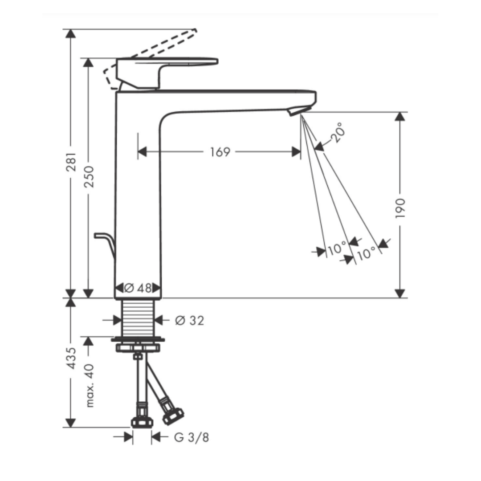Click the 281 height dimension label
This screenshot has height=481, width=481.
pos(71,162)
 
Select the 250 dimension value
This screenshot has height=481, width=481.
pos(89,177)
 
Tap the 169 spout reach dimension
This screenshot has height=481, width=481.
pos(220,152)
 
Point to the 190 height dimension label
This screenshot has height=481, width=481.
pos(400,208)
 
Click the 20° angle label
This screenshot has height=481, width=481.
pos(338,132)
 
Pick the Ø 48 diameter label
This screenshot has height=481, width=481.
pos(138,288)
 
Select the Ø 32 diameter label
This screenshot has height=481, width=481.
pos(189,321)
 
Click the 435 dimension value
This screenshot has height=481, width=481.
pos(71,358)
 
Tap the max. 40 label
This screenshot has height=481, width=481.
pos(89,385)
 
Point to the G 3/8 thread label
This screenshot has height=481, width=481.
pos(192,437)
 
